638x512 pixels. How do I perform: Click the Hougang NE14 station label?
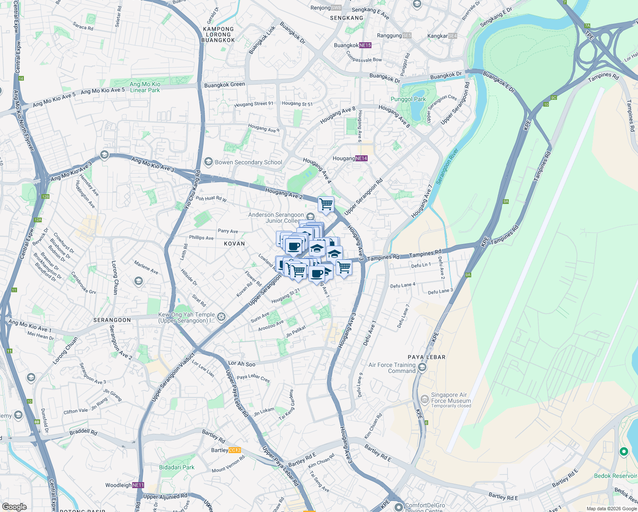[x=350, y=158]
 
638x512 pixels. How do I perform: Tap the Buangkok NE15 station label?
[x=352, y=45]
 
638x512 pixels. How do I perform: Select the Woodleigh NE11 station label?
[x=125, y=485]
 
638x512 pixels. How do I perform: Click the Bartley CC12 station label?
[x=226, y=450]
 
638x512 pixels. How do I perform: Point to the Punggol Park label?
[x=408, y=99]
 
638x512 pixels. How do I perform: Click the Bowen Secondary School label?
[x=248, y=162]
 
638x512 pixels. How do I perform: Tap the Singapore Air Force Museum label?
[x=451, y=398]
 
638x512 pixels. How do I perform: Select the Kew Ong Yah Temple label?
[x=186, y=317]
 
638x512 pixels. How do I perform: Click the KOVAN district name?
[x=235, y=244]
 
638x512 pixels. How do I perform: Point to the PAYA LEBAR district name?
[x=426, y=357]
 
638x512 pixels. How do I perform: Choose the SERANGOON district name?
[x=112, y=320]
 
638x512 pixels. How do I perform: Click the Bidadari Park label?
[x=177, y=467]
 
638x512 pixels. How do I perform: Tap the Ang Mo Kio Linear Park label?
[x=145, y=87]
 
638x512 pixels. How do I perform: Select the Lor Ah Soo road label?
[x=242, y=364]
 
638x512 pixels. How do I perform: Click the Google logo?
[x=14, y=507]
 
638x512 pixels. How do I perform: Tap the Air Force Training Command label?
[x=392, y=368]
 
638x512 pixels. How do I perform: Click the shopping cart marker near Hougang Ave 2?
[x=326, y=204]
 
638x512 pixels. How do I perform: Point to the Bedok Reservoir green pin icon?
[x=623, y=451]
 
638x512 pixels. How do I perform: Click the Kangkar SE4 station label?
[x=442, y=36]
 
